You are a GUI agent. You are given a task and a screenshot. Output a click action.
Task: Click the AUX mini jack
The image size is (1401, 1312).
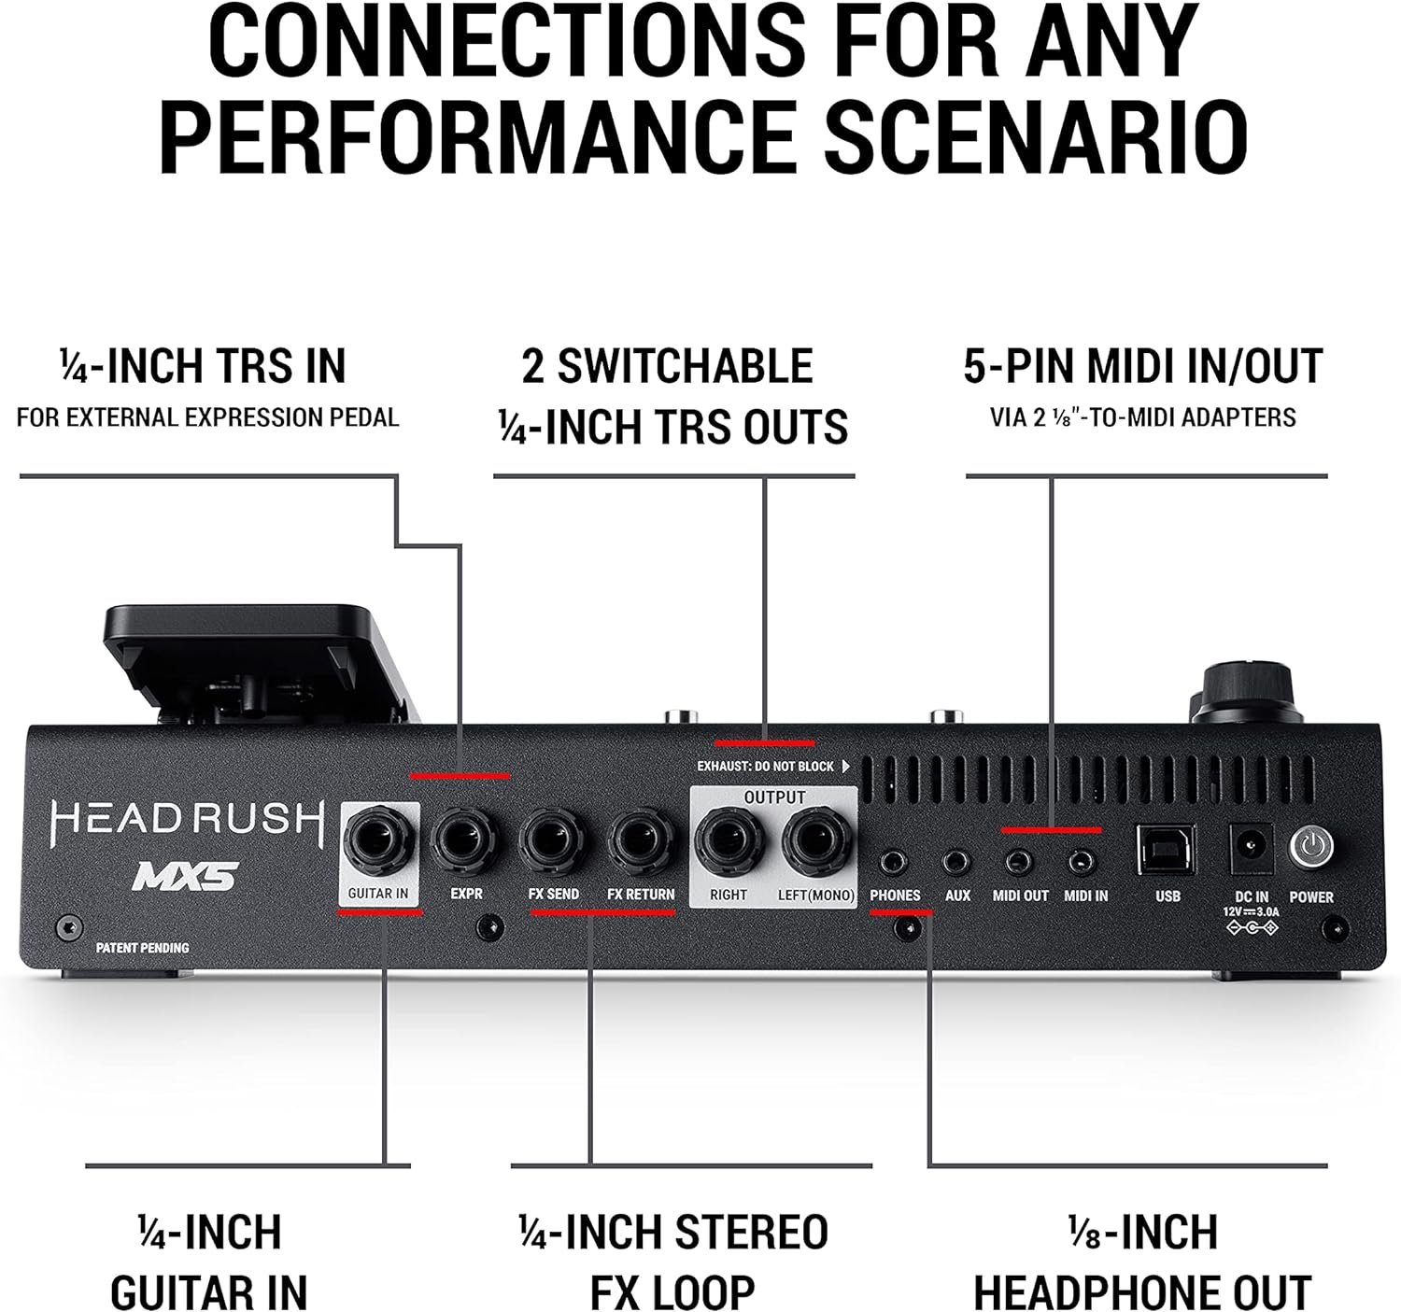(956, 862)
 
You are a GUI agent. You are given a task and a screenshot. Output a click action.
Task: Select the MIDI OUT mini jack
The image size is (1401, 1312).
(1019, 862)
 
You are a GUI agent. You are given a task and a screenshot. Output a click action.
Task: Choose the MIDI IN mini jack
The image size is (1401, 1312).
(1082, 862)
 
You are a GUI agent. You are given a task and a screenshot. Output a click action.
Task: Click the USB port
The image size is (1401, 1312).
(1167, 849)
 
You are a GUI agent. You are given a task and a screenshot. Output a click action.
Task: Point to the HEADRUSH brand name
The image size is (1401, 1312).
(188, 820)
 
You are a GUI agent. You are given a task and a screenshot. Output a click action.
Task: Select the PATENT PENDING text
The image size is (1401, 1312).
(143, 948)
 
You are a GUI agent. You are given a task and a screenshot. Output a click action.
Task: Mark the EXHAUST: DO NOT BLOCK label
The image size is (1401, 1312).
(765, 767)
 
